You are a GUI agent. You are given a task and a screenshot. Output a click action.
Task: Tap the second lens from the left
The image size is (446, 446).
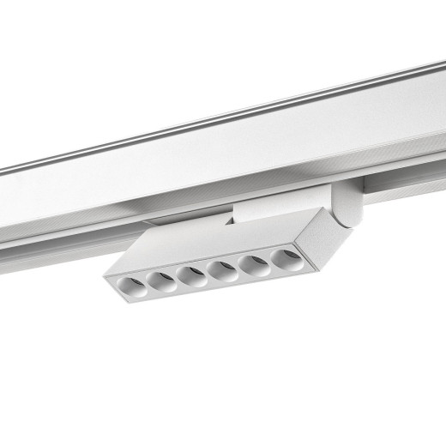tap(160, 281)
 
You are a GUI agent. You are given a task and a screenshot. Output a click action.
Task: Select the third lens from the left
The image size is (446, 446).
tap(190, 275)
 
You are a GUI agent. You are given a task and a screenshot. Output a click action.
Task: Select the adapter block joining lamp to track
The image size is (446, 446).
tap(257, 207)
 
